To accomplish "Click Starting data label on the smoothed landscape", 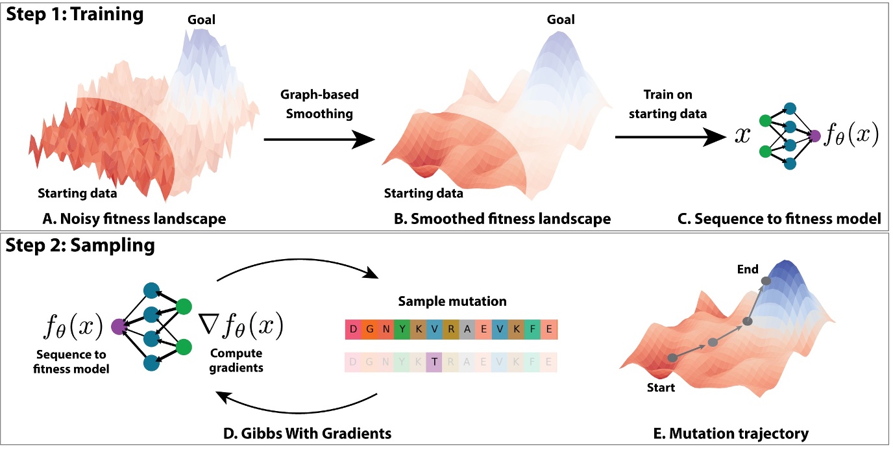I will tap(424, 193).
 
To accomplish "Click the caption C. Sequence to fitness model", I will tap(787, 219).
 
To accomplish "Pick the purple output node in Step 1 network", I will tap(815, 136).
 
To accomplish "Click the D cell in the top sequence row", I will tap(353, 329).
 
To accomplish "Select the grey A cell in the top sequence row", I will tap(467, 329).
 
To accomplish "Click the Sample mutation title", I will tap(451, 302).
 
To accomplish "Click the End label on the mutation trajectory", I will tap(748, 269).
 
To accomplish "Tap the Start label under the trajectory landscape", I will tap(660, 388).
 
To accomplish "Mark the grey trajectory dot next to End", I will tap(765, 281).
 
